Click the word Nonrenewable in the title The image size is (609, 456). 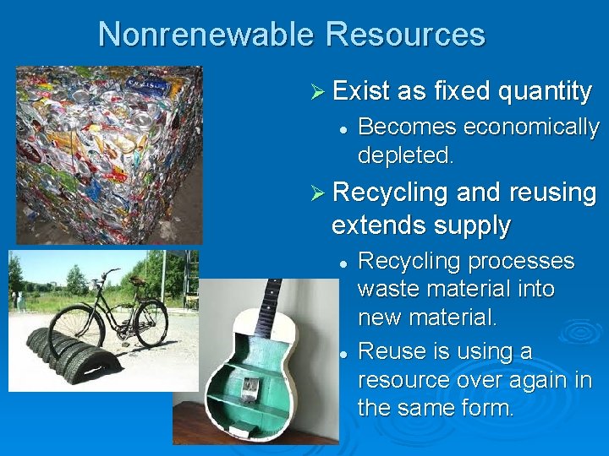coord(206,35)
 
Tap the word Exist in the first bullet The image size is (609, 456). coord(361,90)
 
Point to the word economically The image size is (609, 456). coord(531,128)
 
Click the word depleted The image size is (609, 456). coord(406,155)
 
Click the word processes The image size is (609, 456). coord(518,261)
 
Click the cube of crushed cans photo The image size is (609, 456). coord(110,152)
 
